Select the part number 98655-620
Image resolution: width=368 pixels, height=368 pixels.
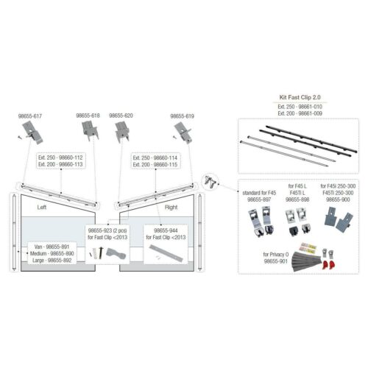click(121, 116)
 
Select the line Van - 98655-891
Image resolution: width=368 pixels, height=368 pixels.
click(52, 246)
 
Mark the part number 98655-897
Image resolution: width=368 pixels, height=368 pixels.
click(258, 199)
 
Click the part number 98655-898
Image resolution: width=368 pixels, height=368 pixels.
click(298, 199)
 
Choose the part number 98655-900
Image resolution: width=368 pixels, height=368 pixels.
click(339, 199)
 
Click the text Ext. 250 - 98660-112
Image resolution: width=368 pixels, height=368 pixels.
click(60, 157)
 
